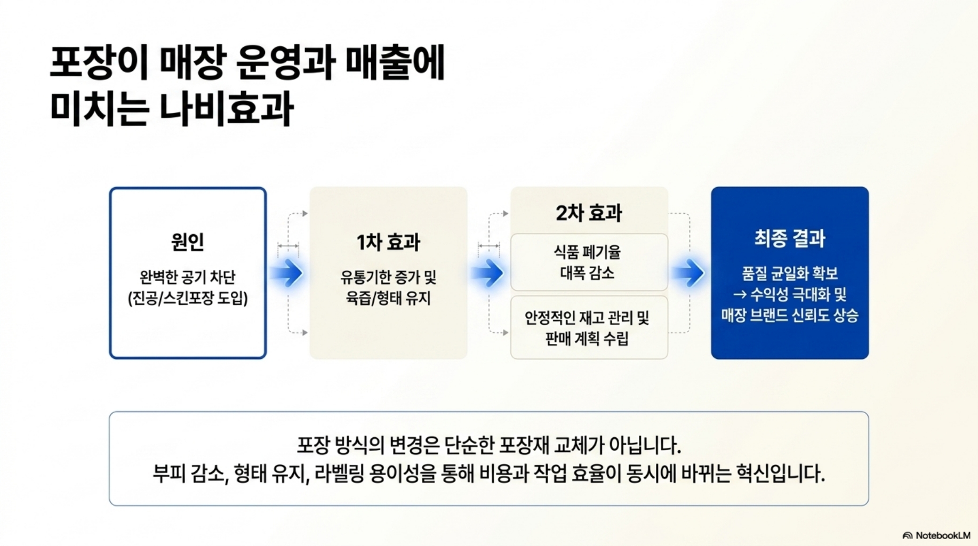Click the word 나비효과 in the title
pos(227,108)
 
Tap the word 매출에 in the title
pos(395,63)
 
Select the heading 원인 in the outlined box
pos(188,242)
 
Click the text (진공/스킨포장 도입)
pos(188,298)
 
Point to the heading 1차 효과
pos(388,243)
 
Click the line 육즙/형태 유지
pos(388,298)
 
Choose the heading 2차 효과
pos(589,213)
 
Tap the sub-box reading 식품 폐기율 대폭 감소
pos(589,262)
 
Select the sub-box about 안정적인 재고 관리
pos(589,327)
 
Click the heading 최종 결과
pos(789,238)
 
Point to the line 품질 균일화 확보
pos(789,274)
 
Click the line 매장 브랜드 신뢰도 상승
pos(789,315)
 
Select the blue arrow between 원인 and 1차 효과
pos(288,273)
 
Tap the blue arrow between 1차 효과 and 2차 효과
pos(489,273)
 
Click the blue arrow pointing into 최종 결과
pos(690,273)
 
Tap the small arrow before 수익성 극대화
pos(739,294)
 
